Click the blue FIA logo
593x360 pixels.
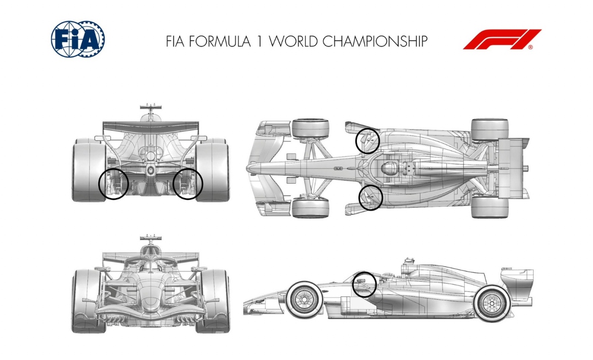point(78,39)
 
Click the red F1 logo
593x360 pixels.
point(502,39)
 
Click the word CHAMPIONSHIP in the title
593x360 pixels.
point(375,41)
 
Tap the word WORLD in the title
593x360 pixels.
point(294,41)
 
